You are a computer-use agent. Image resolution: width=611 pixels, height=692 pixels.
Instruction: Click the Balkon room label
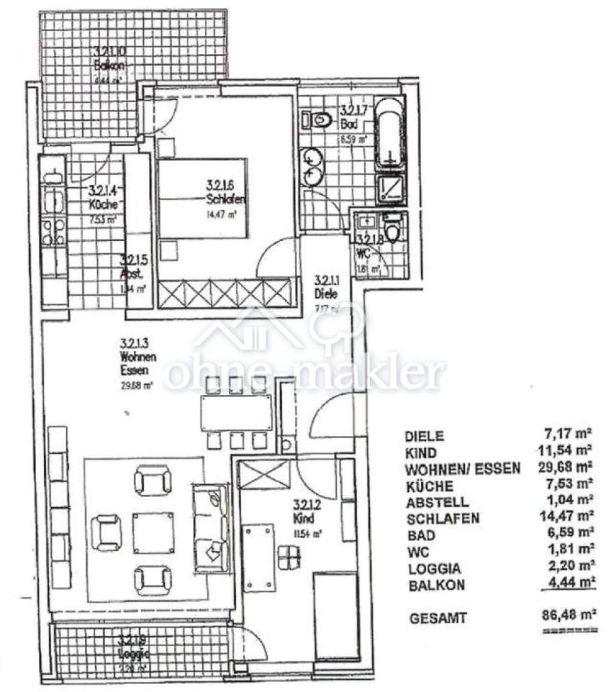tap(109, 65)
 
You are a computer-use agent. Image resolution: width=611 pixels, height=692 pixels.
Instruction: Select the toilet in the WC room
tap(392, 227)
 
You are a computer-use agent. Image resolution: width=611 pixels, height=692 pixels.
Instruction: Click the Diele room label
tap(325, 293)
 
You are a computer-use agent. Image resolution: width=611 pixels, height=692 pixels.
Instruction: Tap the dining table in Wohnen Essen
tap(236, 412)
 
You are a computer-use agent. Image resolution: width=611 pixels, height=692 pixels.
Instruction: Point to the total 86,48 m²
tap(568, 618)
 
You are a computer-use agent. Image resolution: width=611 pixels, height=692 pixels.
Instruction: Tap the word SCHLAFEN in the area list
tap(443, 519)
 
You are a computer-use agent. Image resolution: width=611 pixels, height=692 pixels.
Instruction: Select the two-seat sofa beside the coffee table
tap(209, 528)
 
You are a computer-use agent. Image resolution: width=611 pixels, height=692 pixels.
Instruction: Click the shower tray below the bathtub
tap(389, 188)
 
